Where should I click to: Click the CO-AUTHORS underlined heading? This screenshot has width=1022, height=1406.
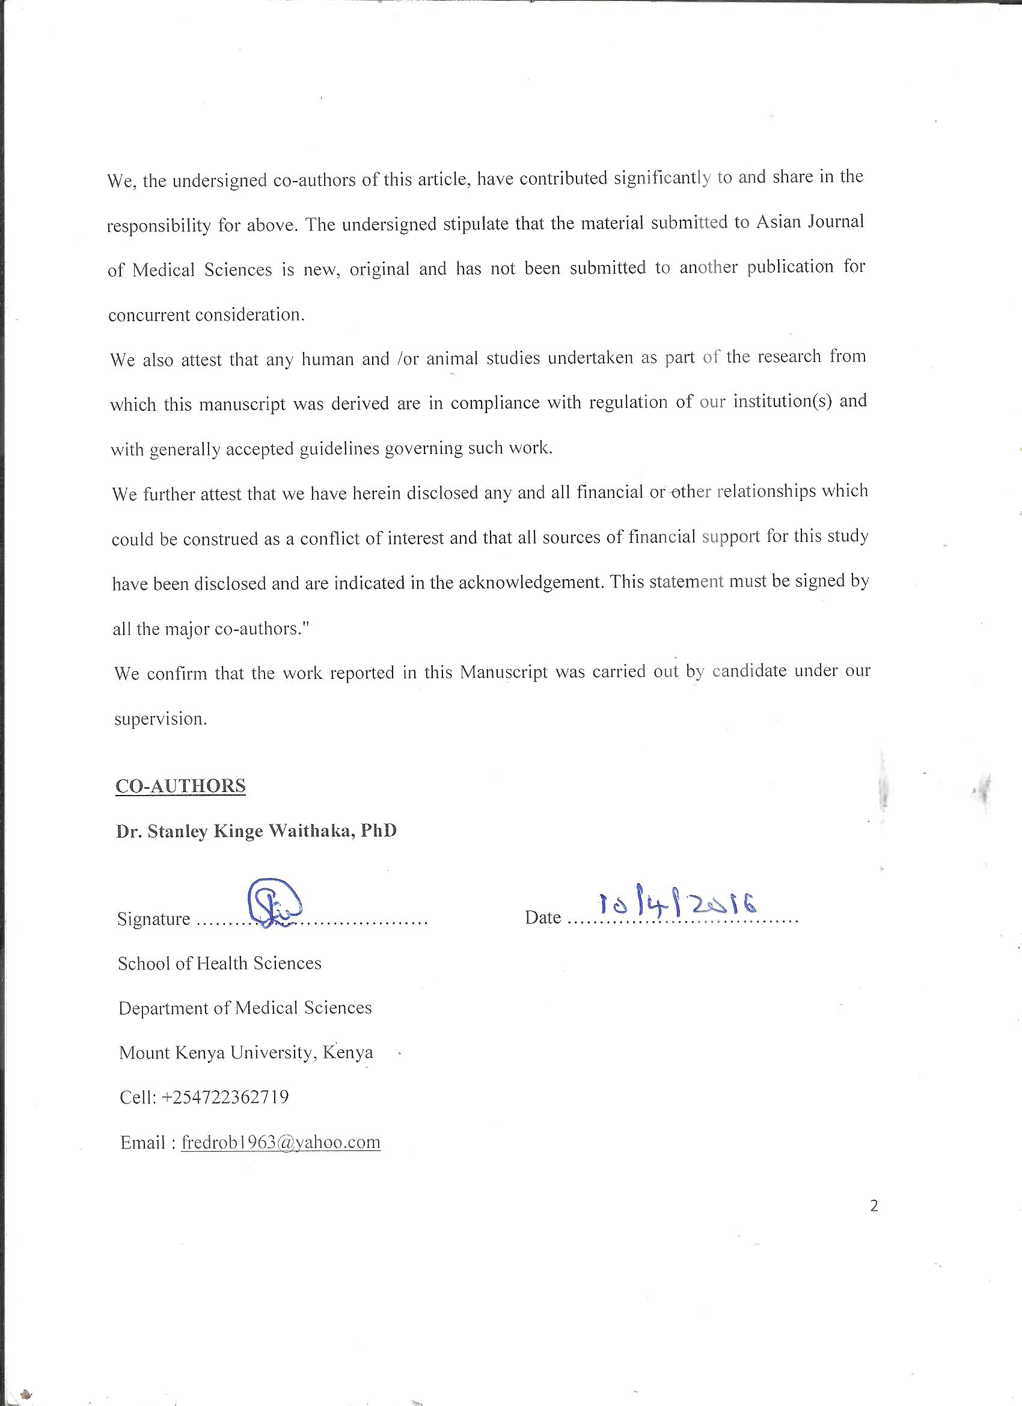tap(180, 785)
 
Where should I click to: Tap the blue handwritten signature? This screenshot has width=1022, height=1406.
tap(274, 903)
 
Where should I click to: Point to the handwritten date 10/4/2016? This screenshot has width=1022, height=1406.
tap(678, 906)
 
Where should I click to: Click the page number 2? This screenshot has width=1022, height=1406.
tap(874, 1206)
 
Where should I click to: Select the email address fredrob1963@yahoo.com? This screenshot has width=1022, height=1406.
tap(280, 1142)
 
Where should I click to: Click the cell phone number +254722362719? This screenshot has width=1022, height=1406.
tap(225, 1097)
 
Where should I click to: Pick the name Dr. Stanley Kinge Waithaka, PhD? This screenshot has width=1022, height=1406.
tap(256, 830)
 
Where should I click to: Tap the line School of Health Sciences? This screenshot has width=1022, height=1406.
tap(219, 963)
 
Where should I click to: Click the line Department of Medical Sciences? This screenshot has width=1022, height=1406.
tap(245, 1007)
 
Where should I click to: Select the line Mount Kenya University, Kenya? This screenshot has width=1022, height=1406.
tap(246, 1052)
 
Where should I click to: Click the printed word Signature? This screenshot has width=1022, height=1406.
tap(153, 918)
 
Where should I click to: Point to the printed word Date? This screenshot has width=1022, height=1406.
tap(542, 917)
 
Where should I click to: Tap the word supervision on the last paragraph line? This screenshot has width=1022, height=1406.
tap(160, 719)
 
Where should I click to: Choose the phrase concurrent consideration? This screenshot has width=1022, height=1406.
tap(206, 315)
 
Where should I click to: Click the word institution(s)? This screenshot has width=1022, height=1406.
tap(782, 401)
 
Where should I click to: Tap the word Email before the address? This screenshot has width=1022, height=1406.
tap(142, 1142)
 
